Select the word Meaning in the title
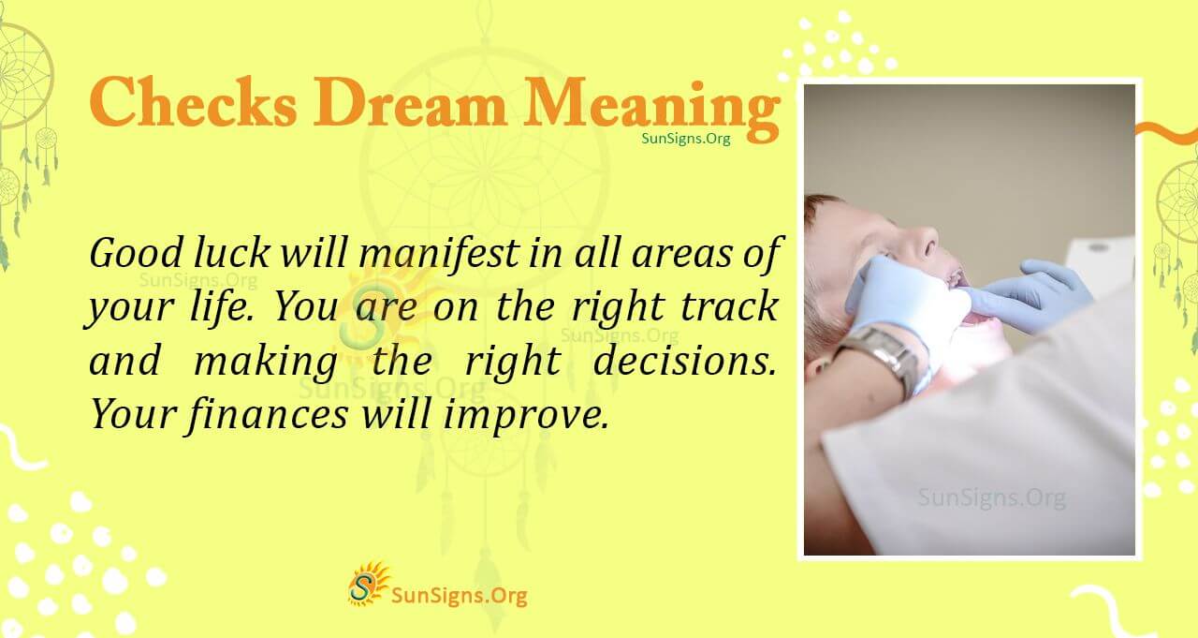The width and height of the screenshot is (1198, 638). [x=651, y=105]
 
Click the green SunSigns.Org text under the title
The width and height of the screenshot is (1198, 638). [x=686, y=138]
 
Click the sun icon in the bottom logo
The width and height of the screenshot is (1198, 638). [x=368, y=584]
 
